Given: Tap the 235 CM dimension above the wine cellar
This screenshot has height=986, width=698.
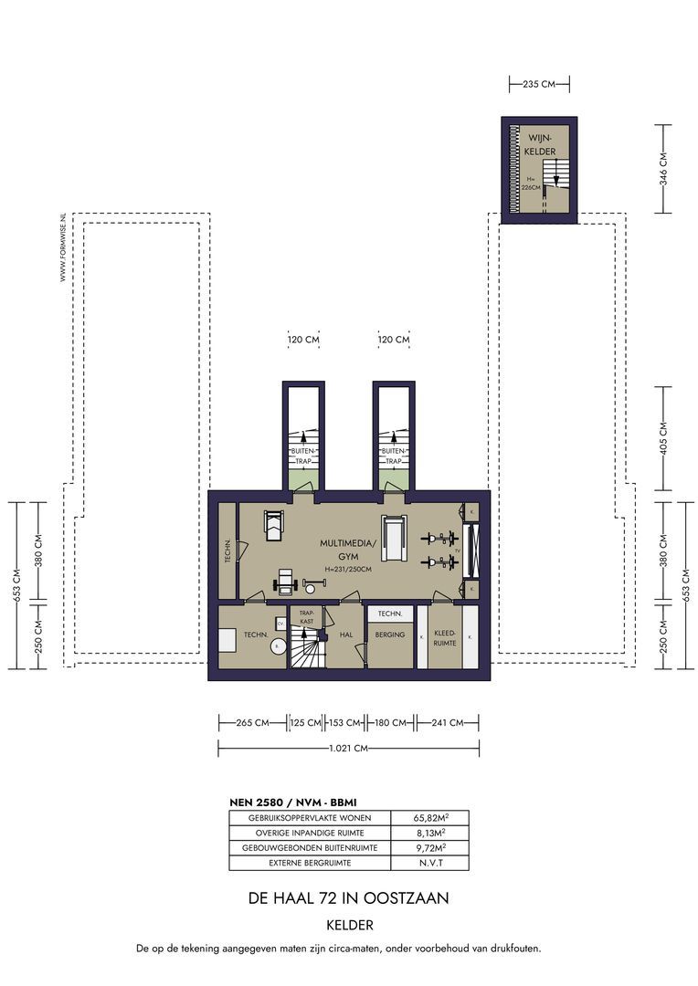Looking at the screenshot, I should [x=539, y=84].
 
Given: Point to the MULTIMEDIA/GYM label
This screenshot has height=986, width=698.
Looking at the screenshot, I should [x=347, y=549].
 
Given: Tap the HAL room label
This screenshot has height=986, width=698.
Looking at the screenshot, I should [x=345, y=635].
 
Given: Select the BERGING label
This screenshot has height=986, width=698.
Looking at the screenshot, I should [x=389, y=635].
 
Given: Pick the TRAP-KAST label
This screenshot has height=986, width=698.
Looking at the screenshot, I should [x=307, y=617].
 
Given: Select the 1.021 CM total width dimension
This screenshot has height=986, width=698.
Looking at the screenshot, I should [x=349, y=749].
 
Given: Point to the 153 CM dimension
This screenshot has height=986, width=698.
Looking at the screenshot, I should [x=344, y=723].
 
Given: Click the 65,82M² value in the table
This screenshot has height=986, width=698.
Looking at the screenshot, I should [x=429, y=818].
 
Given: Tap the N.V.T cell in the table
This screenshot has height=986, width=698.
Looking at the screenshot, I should [x=429, y=863].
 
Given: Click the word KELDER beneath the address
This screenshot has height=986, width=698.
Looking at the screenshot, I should [x=348, y=924].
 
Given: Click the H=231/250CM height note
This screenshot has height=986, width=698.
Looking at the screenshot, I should [x=348, y=569].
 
